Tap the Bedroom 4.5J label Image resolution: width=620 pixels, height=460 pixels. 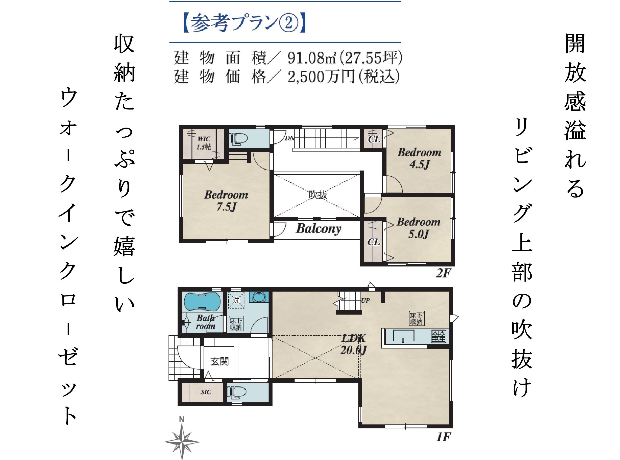pos(419,158)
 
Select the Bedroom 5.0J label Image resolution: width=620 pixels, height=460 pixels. pos(418,228)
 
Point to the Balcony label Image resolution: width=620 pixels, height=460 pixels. pos(318,229)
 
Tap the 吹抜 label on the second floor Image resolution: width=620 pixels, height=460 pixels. pos(318,195)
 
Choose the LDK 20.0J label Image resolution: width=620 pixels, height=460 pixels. pos(353,344)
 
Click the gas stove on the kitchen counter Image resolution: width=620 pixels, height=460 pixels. pos(438,336)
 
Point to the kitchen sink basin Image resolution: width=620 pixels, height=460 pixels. pos(403,335)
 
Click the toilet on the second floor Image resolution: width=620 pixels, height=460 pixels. pos(239,139)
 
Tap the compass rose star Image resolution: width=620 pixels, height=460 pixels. pos(182,442)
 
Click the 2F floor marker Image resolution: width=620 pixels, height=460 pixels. pos(443,273)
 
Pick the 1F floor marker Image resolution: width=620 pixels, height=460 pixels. pos(443,437)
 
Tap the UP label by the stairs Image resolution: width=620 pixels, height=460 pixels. pos(365,301)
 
